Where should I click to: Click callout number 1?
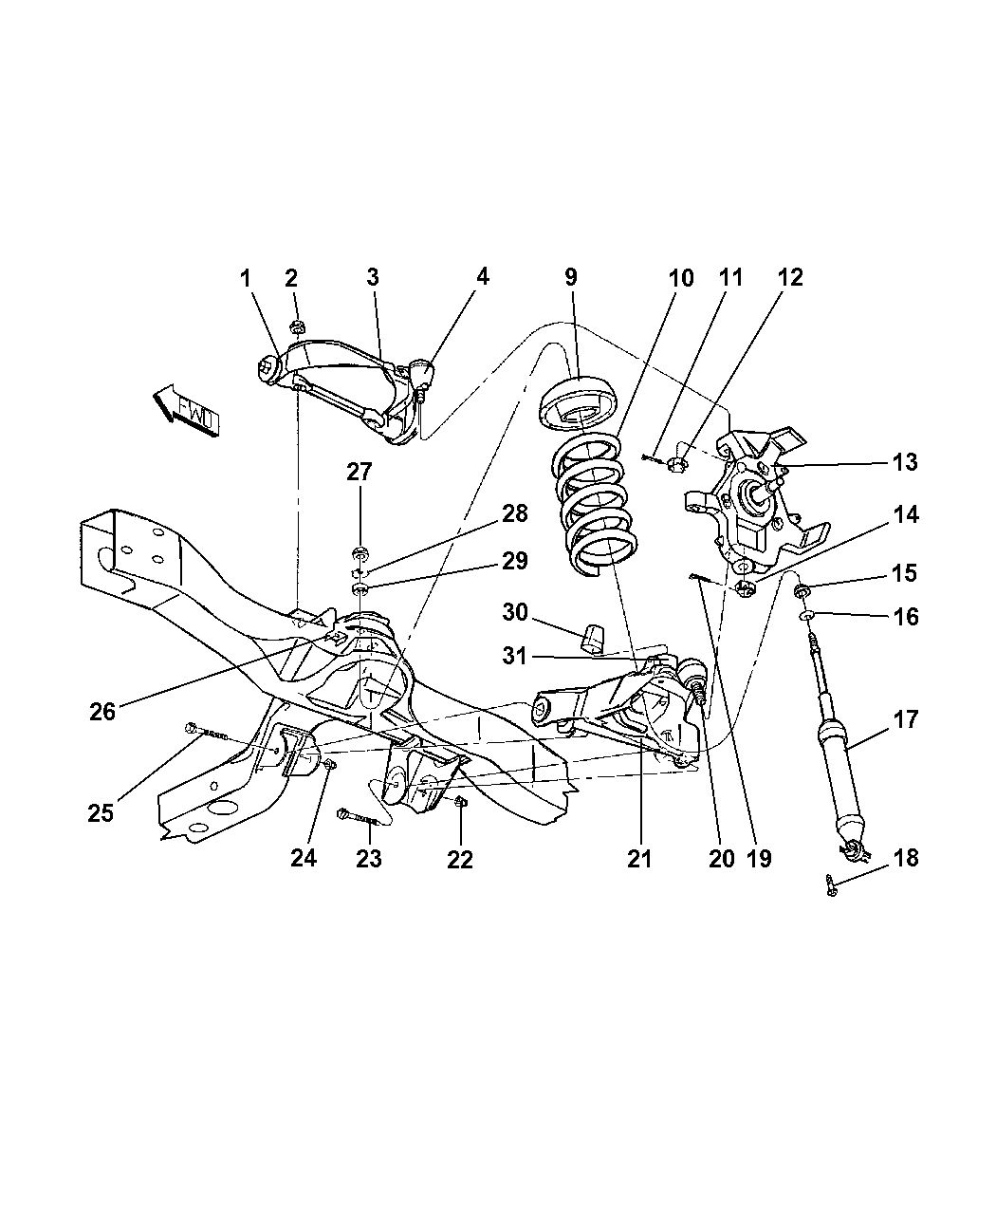point(246,279)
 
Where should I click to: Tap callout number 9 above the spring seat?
point(571,277)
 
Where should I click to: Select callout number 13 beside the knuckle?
point(904,462)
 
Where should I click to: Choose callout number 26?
point(102,712)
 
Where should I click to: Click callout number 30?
point(515,612)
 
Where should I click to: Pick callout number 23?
point(369,859)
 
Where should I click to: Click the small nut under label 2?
point(297,326)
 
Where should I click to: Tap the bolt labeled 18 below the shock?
point(832,885)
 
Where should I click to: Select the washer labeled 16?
point(807,614)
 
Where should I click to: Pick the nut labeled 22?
point(461,803)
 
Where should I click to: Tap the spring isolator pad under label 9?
point(579,404)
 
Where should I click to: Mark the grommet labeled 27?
point(360,552)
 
